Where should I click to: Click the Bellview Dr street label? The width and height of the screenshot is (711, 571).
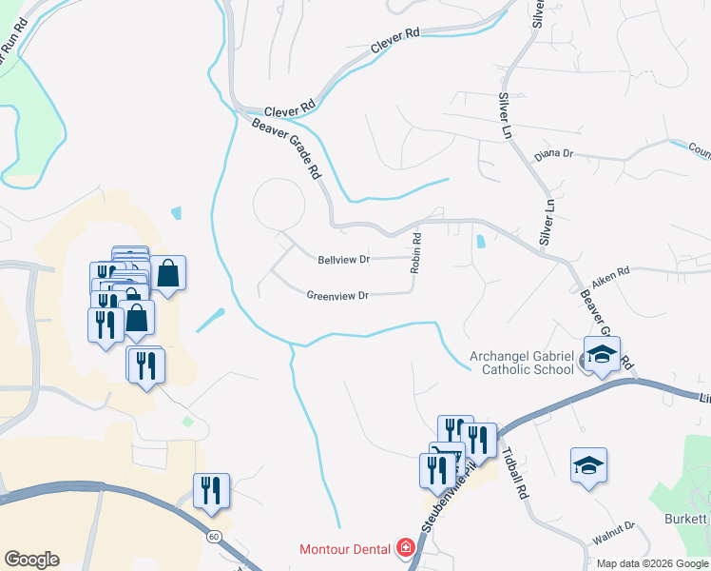(343, 259)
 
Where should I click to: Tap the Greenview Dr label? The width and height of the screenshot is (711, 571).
(337, 295)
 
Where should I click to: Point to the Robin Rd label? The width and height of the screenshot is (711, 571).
(415, 253)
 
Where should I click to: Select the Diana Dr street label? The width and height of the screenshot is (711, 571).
(554, 153)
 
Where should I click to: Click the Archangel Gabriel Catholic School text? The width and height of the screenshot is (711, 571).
(522, 364)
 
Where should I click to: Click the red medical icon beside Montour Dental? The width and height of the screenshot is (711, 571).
(405, 549)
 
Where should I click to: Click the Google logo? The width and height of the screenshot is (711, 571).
(31, 560)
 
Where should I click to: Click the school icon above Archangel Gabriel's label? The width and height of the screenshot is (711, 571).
(602, 355)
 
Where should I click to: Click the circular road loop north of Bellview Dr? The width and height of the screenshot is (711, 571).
(279, 203)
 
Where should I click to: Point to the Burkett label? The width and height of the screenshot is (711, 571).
(688, 519)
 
